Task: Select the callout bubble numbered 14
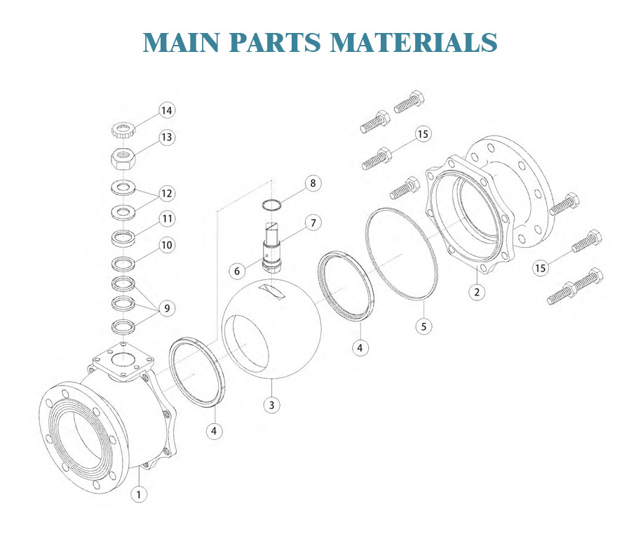coord(166,111)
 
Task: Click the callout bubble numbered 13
coord(166,137)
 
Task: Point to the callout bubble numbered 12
coord(166,193)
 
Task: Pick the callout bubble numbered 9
coord(166,307)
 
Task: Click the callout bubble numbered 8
coord(313,184)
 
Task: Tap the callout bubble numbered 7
coord(313,223)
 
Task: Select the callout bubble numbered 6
coord(237,270)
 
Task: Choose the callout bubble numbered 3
coord(271,405)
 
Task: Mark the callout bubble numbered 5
coord(424,326)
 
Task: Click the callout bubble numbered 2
coord(477,292)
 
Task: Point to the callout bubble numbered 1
coord(139,494)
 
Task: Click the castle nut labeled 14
coord(123,129)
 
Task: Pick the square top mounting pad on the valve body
coord(123,361)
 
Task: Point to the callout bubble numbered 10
coord(166,245)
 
